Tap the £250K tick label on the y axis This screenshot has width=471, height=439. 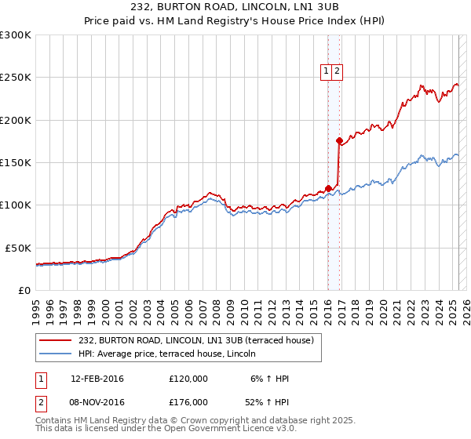click(x=16, y=78)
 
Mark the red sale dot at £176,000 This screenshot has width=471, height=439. click(x=339, y=141)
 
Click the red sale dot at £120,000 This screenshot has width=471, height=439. click(x=329, y=188)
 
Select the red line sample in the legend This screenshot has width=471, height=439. click(x=57, y=340)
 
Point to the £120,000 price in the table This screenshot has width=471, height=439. click(x=188, y=379)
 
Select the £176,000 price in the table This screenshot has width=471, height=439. click(x=188, y=405)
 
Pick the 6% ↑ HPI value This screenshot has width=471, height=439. click(x=268, y=379)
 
